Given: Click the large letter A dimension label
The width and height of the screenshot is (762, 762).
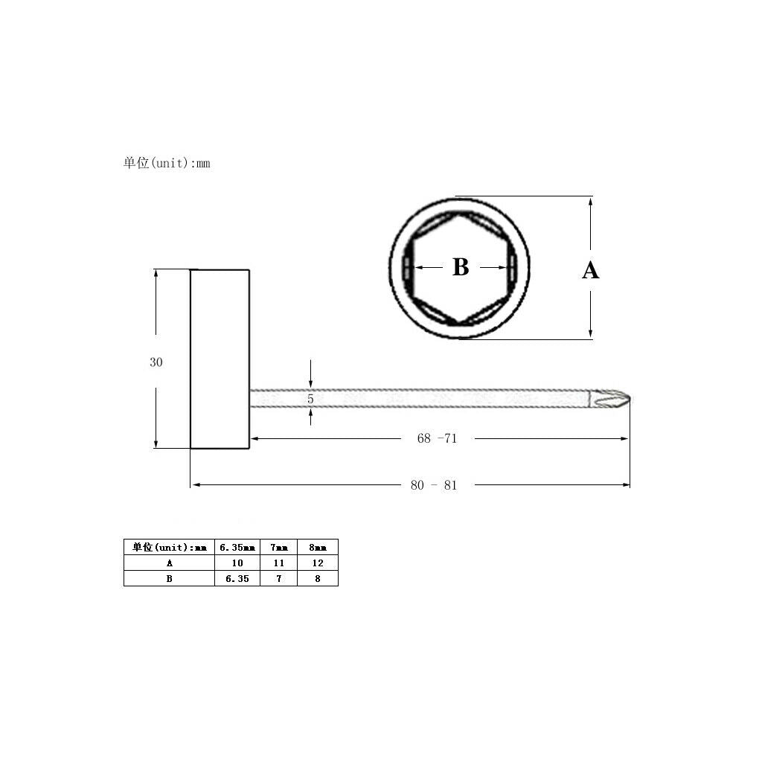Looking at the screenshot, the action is pyautogui.click(x=590, y=270).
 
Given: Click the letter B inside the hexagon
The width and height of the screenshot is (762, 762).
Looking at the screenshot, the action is pyautogui.click(x=461, y=267).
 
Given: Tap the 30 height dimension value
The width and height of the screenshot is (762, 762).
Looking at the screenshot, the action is pyautogui.click(x=156, y=362).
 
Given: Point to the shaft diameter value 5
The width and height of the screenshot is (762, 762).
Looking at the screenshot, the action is pyautogui.click(x=310, y=399).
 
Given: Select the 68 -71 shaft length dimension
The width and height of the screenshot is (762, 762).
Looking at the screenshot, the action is pyautogui.click(x=437, y=438).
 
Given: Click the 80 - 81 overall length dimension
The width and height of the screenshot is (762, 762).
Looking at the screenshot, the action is pyautogui.click(x=434, y=485).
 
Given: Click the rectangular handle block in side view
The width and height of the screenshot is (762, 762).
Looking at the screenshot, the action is pyautogui.click(x=220, y=359).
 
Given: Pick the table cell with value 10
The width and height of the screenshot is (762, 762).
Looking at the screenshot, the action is pyautogui.click(x=237, y=563).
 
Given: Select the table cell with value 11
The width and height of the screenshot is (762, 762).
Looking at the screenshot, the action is pyautogui.click(x=278, y=563).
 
